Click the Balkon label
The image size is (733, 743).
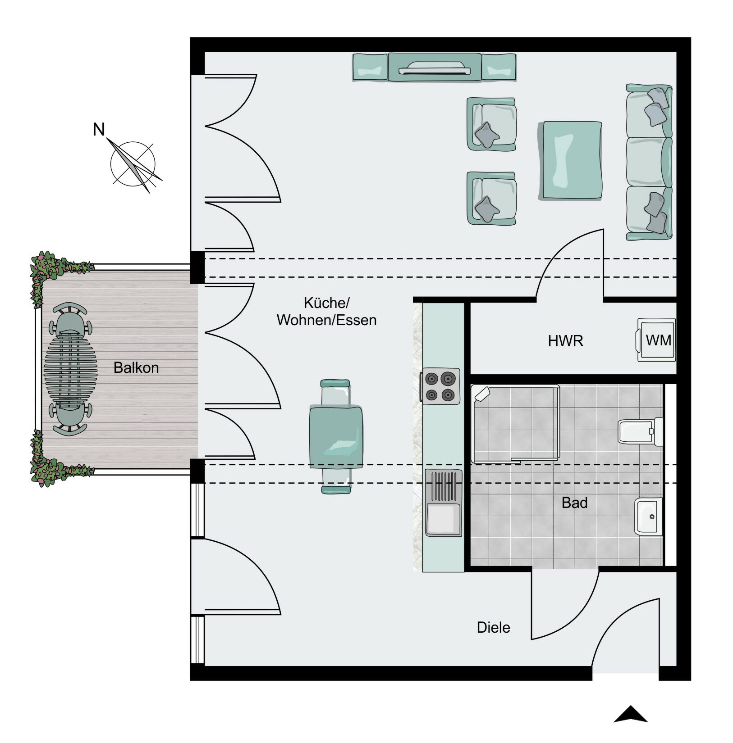point(136,368)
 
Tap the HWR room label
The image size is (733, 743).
point(565,341)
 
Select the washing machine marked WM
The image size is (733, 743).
point(657,340)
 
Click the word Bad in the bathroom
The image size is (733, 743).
point(574,503)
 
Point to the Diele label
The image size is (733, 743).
point(493,628)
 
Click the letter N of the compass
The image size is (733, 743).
point(99,130)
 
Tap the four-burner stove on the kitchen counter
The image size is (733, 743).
point(440,385)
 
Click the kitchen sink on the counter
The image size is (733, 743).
point(443,503)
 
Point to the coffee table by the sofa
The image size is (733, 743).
point(570,160)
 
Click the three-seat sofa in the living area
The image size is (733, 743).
point(649,162)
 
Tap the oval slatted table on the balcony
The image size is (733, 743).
point(70,367)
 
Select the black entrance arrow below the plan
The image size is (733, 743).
point(630,714)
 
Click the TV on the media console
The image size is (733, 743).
point(435,68)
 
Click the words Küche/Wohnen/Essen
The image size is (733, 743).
point(327,312)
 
